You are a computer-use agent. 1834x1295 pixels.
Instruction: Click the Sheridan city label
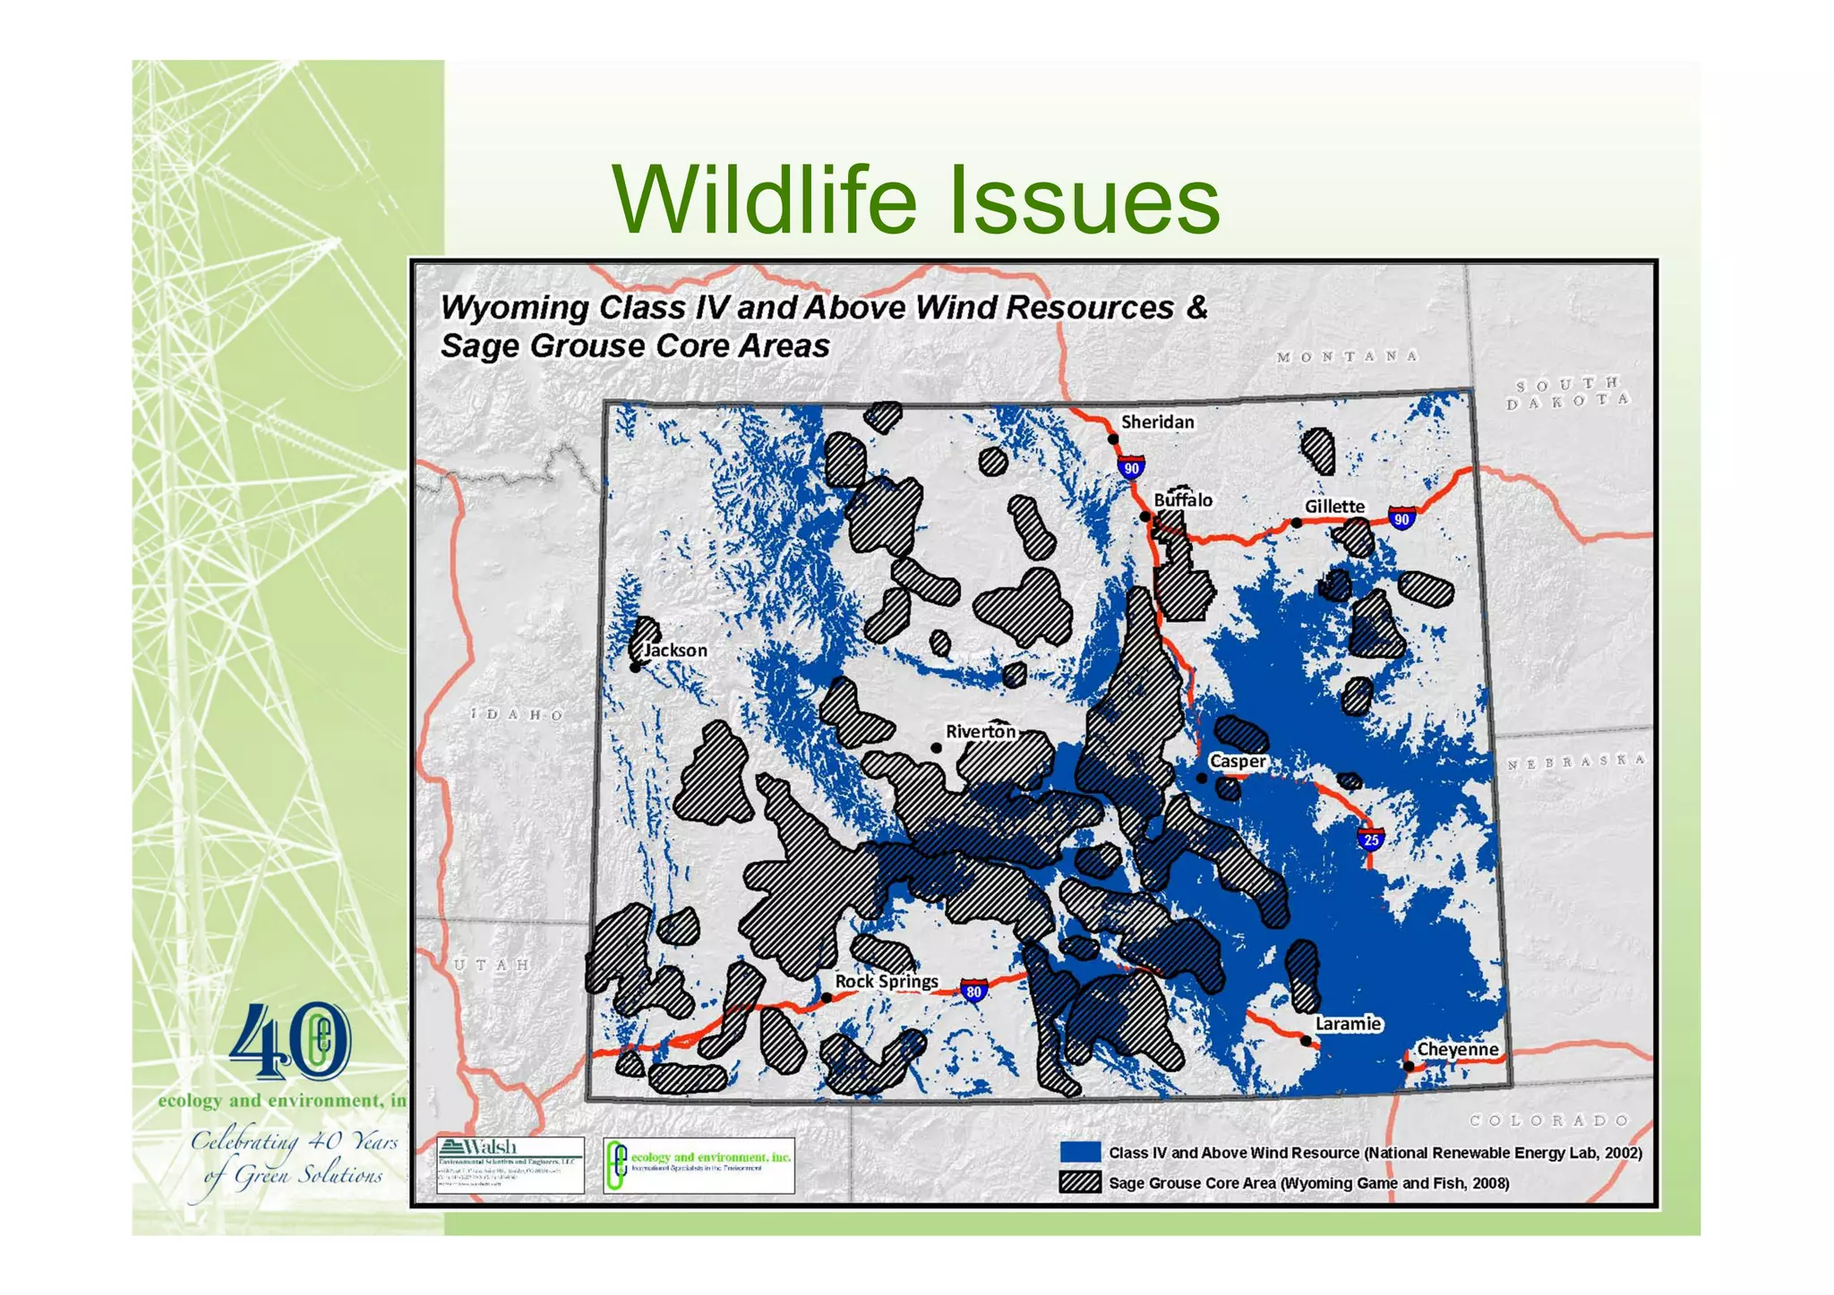(1157, 422)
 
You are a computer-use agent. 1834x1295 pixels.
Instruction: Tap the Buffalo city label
(1182, 500)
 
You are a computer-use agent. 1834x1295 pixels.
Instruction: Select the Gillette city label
(1333, 507)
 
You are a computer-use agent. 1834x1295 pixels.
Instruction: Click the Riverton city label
(981, 731)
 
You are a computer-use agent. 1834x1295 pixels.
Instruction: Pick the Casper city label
(1238, 762)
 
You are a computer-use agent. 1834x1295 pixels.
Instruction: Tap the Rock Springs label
(886, 981)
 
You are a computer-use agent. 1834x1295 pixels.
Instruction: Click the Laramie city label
(1348, 1024)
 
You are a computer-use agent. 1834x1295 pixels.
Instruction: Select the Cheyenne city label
(1457, 1049)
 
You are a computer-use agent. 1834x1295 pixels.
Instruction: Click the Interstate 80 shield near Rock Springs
(973, 991)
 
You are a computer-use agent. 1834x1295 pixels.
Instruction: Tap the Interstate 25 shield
(1371, 839)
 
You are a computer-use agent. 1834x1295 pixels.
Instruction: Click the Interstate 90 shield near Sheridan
(1131, 467)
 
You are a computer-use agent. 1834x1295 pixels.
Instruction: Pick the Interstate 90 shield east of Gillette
(1401, 518)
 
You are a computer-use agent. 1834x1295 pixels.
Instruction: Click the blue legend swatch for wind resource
(1079, 1152)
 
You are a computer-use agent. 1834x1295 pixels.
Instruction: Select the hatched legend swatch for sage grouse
(1079, 1182)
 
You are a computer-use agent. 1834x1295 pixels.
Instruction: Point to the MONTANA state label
(1347, 356)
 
